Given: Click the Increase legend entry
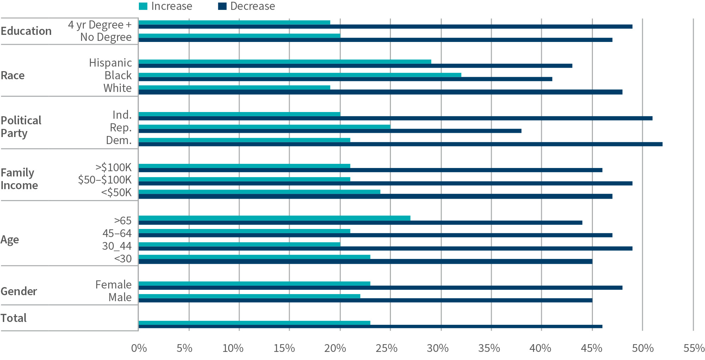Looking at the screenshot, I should (166, 6).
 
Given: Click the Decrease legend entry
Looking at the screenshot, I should (246, 6).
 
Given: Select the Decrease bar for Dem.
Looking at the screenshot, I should (400, 144).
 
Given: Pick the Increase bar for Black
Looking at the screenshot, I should (300, 75).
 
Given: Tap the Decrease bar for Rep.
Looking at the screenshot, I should (330, 131).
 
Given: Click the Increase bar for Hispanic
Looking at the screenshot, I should (285, 62).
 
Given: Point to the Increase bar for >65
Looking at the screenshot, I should (274, 218).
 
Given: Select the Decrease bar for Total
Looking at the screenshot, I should (370, 326).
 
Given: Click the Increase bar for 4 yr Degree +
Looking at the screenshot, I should (234, 23).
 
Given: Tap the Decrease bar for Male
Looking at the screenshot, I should (365, 300).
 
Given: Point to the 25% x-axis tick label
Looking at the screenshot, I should (386, 348).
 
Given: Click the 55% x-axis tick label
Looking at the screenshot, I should (694, 348).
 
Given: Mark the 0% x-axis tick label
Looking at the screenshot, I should (139, 348).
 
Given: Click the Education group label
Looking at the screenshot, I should (26, 31).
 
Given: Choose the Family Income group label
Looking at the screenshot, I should (19, 179).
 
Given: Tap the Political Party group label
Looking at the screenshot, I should (21, 127).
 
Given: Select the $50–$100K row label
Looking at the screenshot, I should (105, 180).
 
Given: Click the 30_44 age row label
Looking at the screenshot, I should (117, 246).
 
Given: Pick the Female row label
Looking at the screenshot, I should (113, 285).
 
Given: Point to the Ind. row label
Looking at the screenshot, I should (122, 115).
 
